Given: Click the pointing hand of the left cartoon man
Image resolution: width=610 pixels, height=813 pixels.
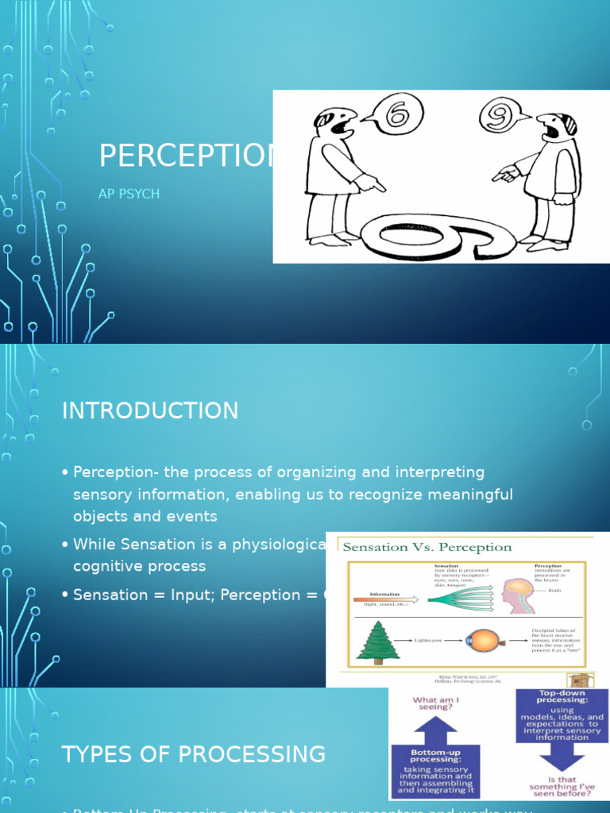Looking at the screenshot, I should point(370,184).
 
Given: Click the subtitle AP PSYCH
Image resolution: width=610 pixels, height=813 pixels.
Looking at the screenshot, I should point(129,194).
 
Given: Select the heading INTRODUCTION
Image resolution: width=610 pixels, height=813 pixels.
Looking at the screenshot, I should point(150,410).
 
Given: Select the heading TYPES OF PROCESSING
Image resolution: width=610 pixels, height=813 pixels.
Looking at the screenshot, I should point(193,754).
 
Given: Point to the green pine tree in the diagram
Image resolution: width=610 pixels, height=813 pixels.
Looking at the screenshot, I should point(377,641).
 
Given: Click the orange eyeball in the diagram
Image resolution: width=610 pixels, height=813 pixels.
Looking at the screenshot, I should point(481,641).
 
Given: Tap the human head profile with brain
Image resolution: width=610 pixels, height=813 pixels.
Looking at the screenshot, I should point(517,595).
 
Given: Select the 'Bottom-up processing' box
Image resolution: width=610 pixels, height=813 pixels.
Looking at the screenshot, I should point(435,769).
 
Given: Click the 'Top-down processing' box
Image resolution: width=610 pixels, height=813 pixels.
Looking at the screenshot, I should point(562,715).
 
